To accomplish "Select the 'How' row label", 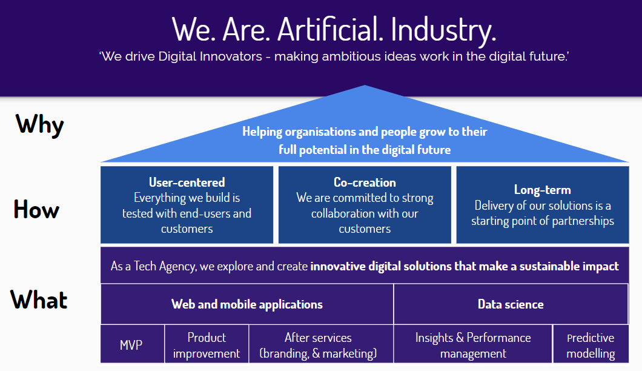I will pyautogui.click(x=36, y=210).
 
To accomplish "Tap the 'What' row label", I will pyautogui.click(x=39, y=300).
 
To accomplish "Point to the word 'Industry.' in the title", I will pyautogui.click(x=443, y=28).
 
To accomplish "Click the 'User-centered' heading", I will pyautogui.click(x=187, y=182).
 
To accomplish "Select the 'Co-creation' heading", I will pyautogui.click(x=365, y=182).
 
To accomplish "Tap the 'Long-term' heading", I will pyautogui.click(x=542, y=190).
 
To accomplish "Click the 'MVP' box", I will pyautogui.click(x=132, y=345).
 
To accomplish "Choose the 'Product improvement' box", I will pyautogui.click(x=207, y=345).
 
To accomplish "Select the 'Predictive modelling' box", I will pyautogui.click(x=591, y=345).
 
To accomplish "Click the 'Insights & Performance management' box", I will pyautogui.click(x=473, y=345).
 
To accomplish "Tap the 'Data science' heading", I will pyautogui.click(x=511, y=304).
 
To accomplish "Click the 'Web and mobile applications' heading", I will pyautogui.click(x=247, y=304).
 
